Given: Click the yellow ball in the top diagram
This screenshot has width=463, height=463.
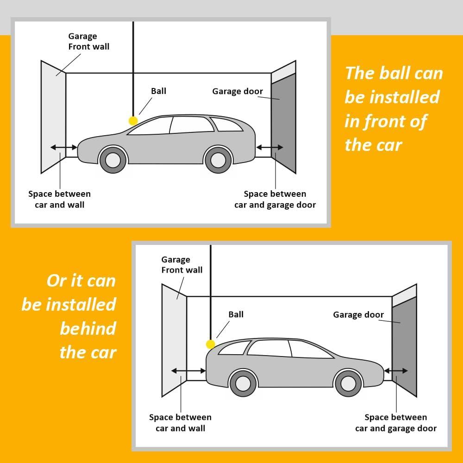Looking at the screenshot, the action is click(133, 121).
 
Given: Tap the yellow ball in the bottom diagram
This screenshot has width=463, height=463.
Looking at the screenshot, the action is click(211, 344).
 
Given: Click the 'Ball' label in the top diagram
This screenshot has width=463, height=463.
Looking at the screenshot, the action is click(158, 91).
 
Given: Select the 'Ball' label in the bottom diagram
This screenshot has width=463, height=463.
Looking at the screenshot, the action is click(236, 314).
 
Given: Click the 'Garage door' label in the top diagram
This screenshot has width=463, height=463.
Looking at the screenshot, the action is click(238, 91).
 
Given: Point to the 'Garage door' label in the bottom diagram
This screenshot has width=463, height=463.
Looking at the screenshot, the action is click(358, 315).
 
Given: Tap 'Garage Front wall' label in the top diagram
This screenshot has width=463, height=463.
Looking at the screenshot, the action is click(88, 41).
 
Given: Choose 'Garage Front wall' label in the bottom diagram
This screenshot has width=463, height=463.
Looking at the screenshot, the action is click(181, 265).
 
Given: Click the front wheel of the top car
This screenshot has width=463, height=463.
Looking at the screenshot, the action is click(113, 160).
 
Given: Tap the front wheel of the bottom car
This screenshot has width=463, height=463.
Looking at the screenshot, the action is click(348, 383).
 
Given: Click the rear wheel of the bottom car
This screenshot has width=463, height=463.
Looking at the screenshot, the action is click(243, 383).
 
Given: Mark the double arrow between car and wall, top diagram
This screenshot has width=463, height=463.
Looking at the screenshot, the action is click(64, 147).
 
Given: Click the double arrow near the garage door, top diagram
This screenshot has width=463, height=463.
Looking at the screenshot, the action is click(269, 147).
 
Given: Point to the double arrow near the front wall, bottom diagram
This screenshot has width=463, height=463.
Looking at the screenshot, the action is click(188, 370).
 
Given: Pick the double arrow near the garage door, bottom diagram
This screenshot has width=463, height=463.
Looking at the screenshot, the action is click(396, 370).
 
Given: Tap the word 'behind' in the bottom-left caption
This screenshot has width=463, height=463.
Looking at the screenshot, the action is click(88, 329).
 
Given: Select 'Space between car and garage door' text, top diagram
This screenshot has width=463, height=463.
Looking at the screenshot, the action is click(275, 199).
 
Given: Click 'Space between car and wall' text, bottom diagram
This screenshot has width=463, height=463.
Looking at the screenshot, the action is click(181, 423).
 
